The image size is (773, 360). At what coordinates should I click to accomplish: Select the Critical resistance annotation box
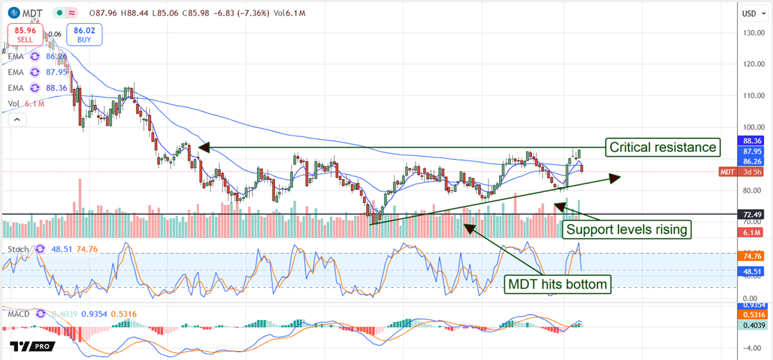[662, 147]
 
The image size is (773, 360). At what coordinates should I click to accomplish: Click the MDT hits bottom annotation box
[558, 284]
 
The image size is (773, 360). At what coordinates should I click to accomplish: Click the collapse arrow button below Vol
[17, 119]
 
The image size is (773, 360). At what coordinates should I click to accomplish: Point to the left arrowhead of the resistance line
[202, 147]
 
